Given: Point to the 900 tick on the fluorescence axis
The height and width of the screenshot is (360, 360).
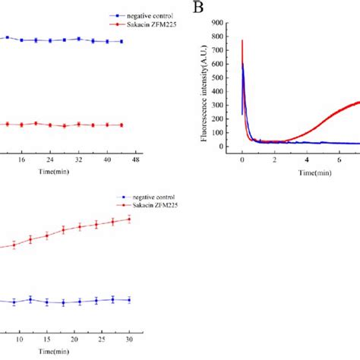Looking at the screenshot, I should pos(225,24).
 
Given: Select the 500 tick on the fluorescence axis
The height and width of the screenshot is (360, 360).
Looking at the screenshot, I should pos(225,78).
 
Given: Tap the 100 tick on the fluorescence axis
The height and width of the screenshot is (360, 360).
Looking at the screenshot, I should pos(225,132).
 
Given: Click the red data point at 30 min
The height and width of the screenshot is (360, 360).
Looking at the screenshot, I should pos(130,219).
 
